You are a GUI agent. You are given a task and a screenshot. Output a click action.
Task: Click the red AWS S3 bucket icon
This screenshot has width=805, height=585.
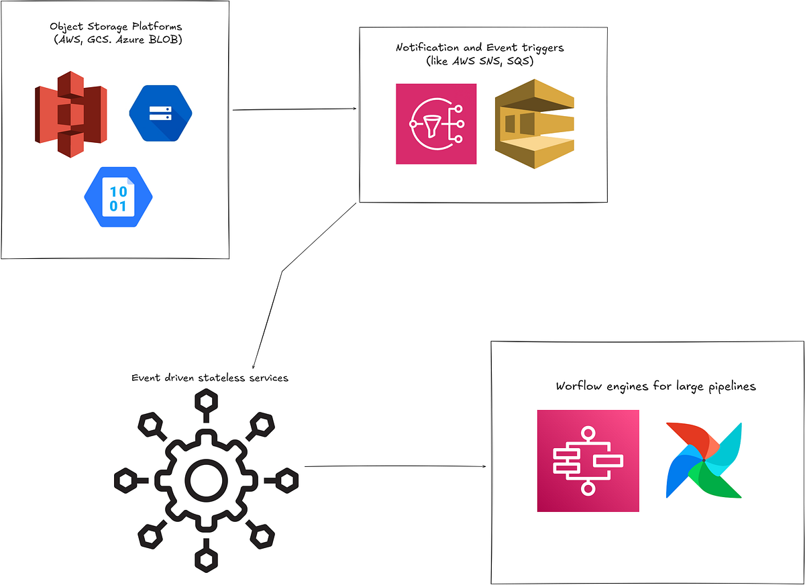(70, 114)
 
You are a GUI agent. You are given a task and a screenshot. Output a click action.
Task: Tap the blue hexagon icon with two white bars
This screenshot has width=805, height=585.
(160, 113)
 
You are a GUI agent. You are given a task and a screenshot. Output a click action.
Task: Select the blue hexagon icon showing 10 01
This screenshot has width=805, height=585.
(118, 197)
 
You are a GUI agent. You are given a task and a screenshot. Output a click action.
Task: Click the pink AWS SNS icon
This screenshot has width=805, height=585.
(436, 124)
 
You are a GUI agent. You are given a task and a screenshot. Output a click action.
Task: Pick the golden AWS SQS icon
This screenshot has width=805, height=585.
(535, 124)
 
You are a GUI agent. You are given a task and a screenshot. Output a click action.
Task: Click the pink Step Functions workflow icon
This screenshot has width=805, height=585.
(588, 461)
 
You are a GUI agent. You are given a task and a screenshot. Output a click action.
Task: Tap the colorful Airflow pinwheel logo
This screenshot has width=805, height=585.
(704, 460)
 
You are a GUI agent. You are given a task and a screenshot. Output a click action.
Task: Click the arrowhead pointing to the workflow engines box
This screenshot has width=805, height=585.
(485, 466)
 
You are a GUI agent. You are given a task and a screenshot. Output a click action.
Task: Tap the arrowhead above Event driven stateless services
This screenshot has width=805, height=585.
(253, 366)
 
